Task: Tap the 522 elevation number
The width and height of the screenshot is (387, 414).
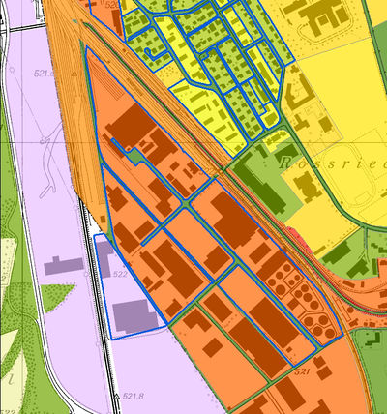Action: [121, 275]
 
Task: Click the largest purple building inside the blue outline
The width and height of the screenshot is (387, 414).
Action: [134, 315]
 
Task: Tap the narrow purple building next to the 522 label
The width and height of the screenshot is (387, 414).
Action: [104, 260]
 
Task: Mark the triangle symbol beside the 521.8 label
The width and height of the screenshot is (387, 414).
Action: [116, 396]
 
